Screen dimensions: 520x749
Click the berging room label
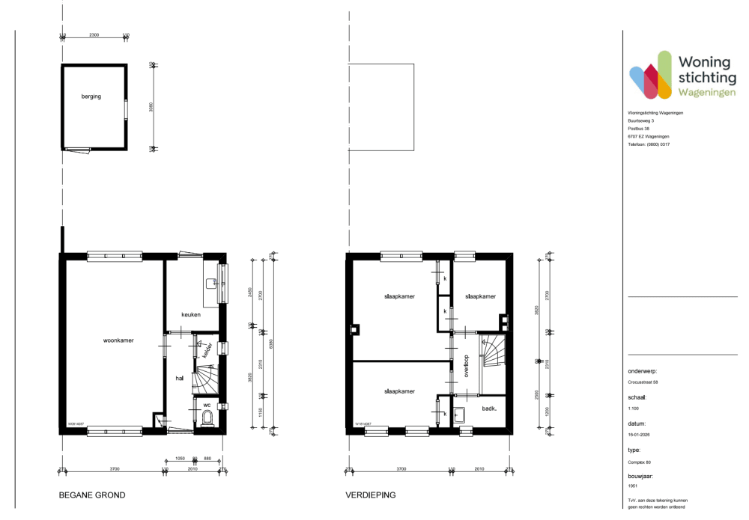point(91,97)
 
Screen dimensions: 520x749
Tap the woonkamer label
point(118,340)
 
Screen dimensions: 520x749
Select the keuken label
point(190,315)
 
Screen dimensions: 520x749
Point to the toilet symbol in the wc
point(206,417)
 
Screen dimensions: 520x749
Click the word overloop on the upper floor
point(466,366)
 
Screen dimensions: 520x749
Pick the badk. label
point(491,409)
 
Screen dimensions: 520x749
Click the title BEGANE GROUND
point(92,495)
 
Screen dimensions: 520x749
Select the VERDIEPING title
point(370,495)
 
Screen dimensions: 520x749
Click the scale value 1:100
point(634,409)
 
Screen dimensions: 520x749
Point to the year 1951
point(633,486)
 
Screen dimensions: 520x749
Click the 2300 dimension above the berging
point(94,35)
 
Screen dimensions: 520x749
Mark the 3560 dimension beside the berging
point(151,107)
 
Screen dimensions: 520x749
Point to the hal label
point(180,379)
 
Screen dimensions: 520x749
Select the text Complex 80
point(640,462)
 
